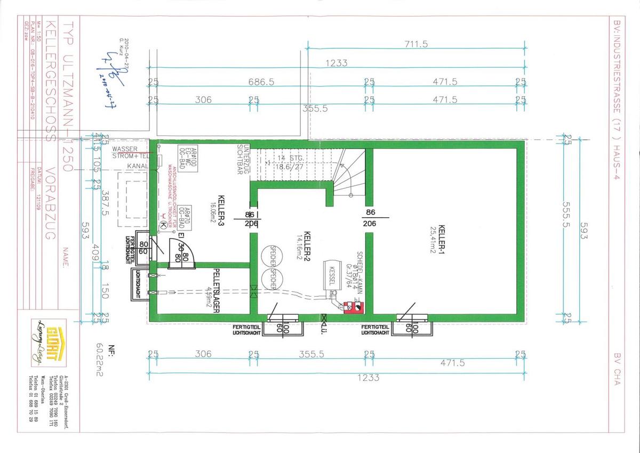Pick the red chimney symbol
point(354,307)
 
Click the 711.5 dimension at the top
point(416,44)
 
